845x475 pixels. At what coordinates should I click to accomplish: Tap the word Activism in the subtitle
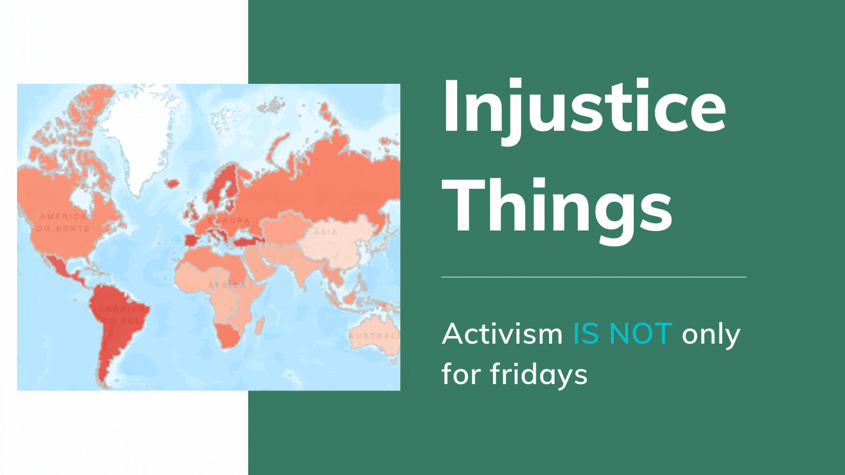click(x=502, y=334)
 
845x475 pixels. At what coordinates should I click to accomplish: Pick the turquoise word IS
click(x=587, y=334)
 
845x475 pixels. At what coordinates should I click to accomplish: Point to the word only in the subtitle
click(x=711, y=334)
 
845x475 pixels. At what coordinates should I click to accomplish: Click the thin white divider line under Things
click(x=593, y=277)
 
